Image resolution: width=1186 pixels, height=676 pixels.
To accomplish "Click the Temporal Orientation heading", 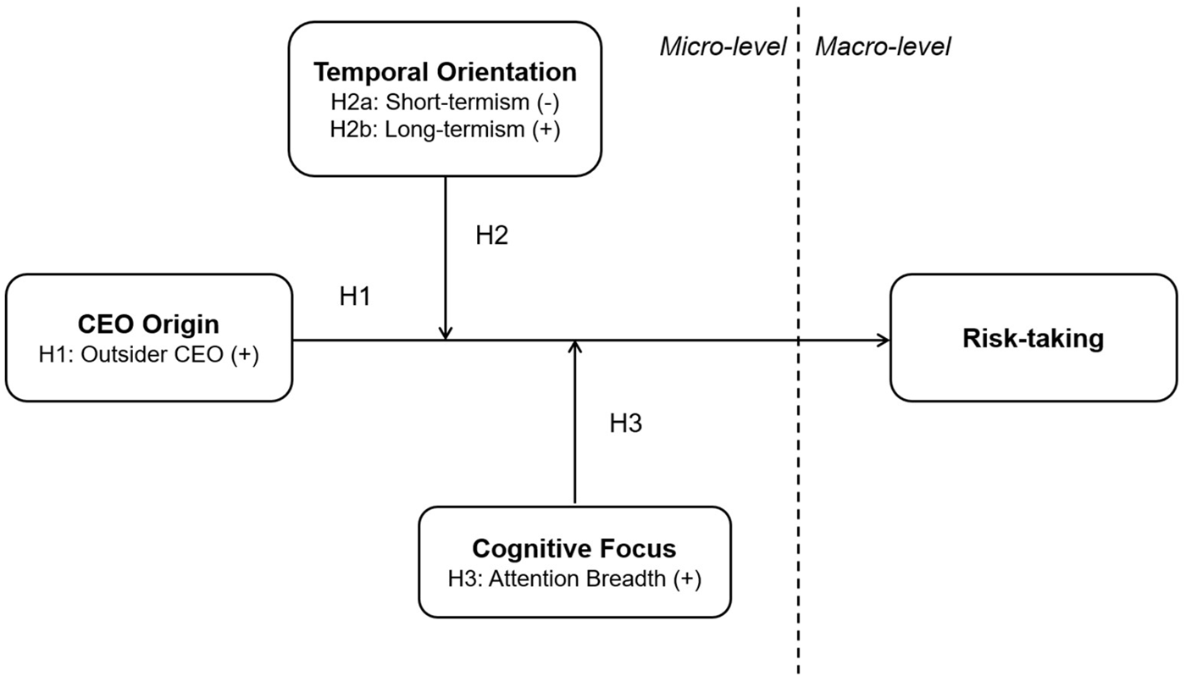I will [445, 72].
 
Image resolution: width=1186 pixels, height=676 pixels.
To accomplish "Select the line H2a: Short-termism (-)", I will [445, 103].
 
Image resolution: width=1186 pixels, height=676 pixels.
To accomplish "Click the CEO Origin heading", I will [148, 324].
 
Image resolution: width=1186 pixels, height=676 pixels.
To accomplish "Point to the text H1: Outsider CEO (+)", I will [148, 354].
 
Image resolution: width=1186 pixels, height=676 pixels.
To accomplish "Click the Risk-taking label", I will [1033, 338].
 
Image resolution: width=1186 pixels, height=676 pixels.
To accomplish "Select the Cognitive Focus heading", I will [574, 549].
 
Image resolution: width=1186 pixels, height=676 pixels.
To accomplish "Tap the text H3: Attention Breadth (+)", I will [574, 580].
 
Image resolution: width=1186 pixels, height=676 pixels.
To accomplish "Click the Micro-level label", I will [722, 47].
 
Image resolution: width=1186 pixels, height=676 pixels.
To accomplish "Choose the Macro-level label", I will [882, 47].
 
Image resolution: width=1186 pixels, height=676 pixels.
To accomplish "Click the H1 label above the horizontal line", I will [355, 296].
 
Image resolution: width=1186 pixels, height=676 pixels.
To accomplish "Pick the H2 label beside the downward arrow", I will [491, 235].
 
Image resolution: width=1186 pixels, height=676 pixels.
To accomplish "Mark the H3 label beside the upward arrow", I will [625, 424].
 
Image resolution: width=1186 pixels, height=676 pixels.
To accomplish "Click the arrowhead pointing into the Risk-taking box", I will [884, 341].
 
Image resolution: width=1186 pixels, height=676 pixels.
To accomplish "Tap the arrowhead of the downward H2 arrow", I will [446, 335].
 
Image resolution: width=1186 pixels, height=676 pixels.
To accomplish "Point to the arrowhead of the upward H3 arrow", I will [575, 346].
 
